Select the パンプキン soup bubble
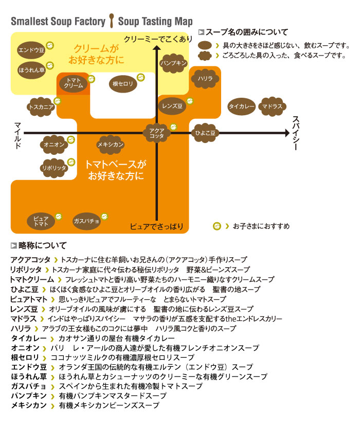(x=173, y=63)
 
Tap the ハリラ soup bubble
(x=202, y=79)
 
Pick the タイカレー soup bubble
(x=241, y=106)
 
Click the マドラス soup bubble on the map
(x=272, y=106)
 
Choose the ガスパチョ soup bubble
(x=86, y=220)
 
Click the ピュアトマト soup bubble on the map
(x=41, y=221)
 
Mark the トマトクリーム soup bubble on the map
(x=75, y=83)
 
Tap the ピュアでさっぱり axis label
(x=156, y=226)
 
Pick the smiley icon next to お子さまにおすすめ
(x=217, y=225)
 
